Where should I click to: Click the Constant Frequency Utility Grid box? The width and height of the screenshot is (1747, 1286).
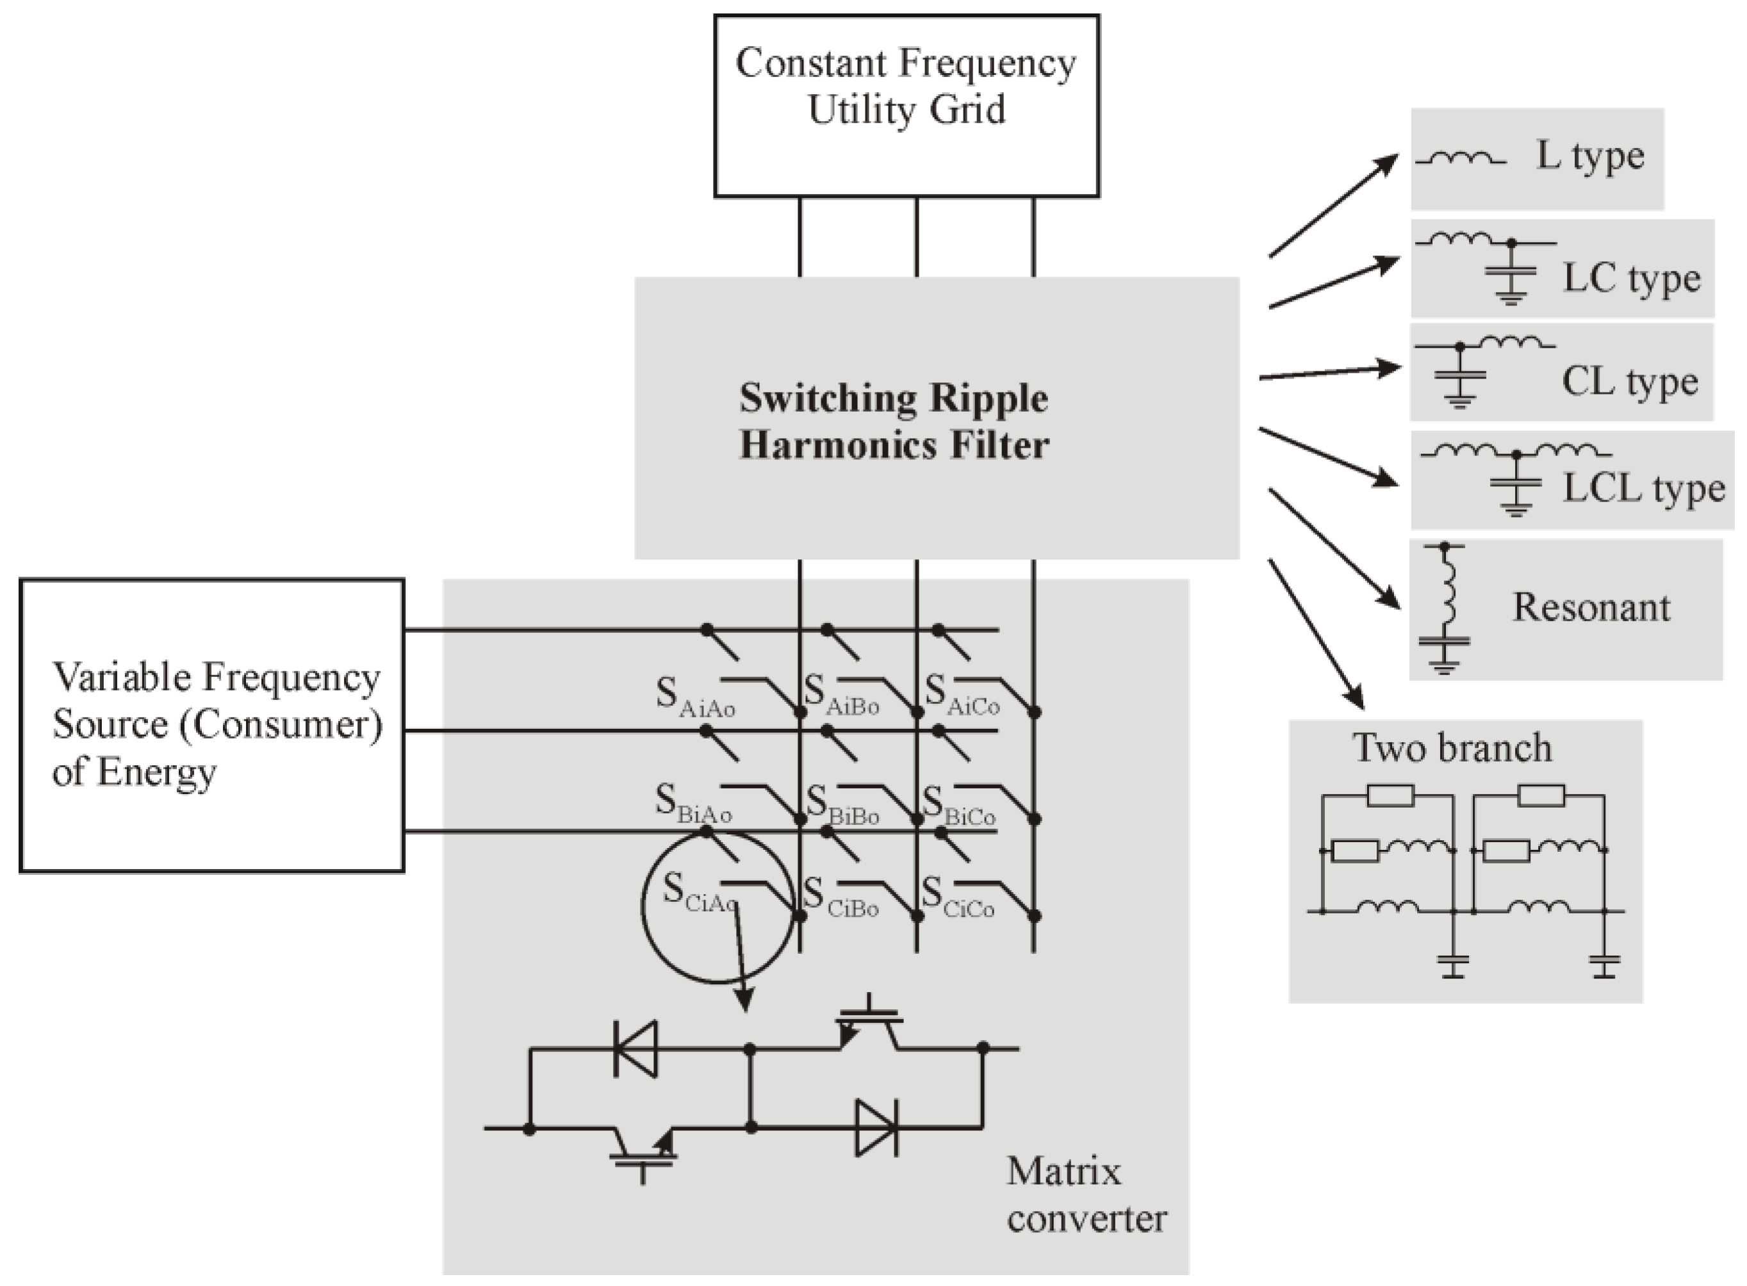906,105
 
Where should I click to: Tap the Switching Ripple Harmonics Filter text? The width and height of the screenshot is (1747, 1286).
894,421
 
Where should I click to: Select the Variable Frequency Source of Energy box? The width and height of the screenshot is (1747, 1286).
212,725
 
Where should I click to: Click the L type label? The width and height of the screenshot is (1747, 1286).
1590,156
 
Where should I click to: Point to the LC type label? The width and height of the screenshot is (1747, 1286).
1631,279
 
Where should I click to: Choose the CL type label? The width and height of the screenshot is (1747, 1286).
1629,382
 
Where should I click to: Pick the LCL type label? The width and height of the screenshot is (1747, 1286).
1643,489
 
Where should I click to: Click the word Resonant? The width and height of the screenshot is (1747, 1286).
1591,607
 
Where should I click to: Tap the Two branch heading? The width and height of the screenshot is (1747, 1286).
1452,747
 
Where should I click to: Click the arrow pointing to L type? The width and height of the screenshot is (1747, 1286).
1333,206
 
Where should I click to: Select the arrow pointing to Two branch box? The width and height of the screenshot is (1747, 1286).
1316,635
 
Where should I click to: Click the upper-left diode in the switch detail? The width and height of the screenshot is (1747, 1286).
636,1048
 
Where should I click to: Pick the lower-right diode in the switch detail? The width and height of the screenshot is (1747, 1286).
876,1127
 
